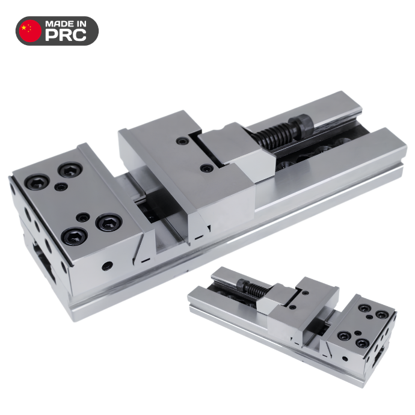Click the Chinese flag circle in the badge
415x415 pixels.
click(31, 31)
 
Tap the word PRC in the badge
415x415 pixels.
click(66, 35)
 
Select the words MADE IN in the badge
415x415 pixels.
click(66, 24)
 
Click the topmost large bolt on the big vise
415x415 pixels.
click(70, 170)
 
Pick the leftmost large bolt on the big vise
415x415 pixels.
click(37, 182)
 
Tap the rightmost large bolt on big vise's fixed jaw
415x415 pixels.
click(109, 223)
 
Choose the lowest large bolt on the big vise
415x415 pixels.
click(74, 236)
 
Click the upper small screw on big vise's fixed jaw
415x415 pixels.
click(61, 187)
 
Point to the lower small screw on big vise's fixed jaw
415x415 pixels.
click(82, 218)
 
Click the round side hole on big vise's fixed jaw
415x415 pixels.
click(107, 266)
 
